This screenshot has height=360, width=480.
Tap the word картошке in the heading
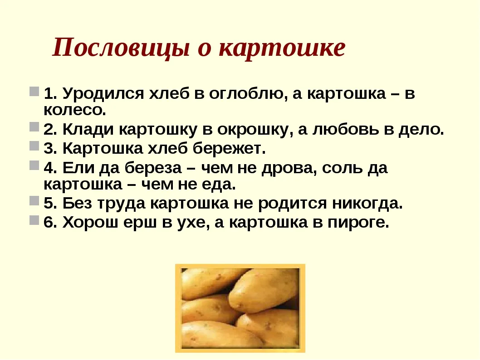(283, 48)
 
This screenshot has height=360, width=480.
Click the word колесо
(75, 110)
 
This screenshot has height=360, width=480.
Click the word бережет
(229, 148)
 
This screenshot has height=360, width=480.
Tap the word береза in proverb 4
(153, 168)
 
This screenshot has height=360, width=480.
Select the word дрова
(289, 168)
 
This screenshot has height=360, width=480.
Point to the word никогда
(367, 204)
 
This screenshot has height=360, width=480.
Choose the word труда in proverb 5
(121, 204)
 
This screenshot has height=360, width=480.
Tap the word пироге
(358, 223)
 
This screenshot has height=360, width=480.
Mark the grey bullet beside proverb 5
(34, 201)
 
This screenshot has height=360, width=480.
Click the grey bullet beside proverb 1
(34, 91)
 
